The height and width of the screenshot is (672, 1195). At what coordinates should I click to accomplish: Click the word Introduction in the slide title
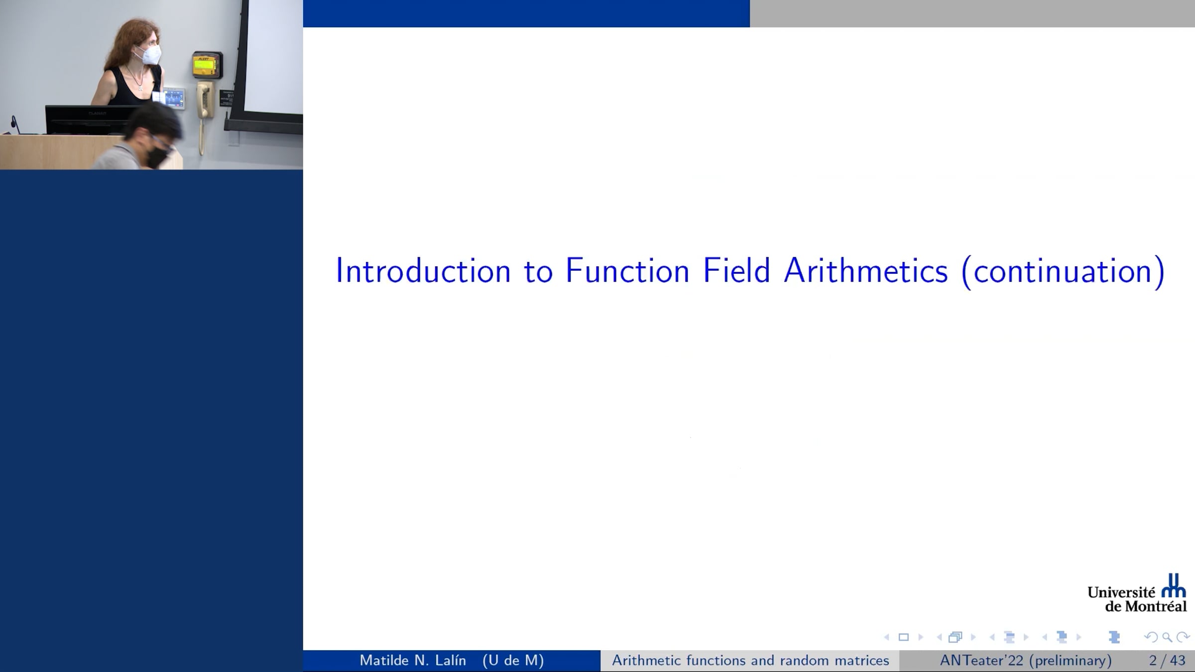click(423, 271)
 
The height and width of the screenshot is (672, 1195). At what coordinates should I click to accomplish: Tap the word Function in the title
click(627, 271)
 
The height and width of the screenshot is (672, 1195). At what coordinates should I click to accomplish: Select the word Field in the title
click(736, 271)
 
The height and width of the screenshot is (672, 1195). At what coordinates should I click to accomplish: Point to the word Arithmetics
click(866, 271)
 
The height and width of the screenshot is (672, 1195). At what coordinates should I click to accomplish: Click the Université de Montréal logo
click(1137, 593)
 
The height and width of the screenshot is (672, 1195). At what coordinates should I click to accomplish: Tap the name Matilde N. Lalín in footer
click(413, 661)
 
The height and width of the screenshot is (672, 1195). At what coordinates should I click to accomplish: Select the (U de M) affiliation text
click(513, 661)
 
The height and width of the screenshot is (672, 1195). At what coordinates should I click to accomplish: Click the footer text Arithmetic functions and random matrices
click(750, 661)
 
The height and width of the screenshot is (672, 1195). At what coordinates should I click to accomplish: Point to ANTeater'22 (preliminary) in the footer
click(1026, 661)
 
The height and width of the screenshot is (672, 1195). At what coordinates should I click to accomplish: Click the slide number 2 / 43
click(1167, 661)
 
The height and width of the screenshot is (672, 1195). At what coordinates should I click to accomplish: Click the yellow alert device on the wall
click(207, 65)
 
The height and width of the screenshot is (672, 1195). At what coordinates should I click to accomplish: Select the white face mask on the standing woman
click(149, 55)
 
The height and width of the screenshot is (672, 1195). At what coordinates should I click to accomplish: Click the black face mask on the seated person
click(158, 156)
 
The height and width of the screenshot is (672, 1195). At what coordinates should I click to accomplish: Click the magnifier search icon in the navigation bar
click(1167, 637)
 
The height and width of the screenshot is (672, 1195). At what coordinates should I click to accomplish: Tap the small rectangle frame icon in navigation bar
click(904, 637)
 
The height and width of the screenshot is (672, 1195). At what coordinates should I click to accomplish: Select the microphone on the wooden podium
click(15, 124)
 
